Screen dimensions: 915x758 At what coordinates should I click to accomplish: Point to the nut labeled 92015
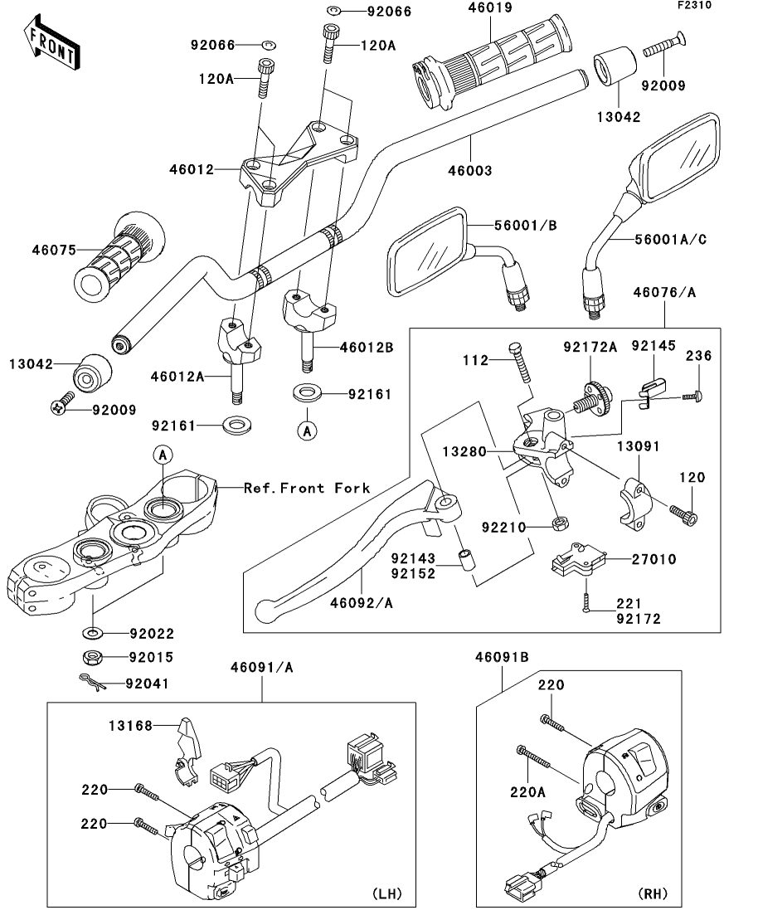[92, 659]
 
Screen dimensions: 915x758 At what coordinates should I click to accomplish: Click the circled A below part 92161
[308, 431]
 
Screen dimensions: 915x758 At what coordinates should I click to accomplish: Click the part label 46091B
[502, 657]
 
